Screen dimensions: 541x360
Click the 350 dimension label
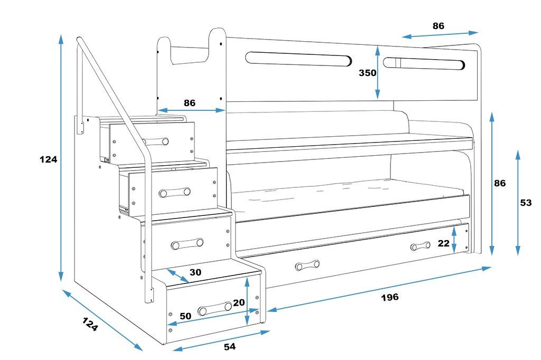tap(368, 73)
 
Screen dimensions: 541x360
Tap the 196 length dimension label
tap(390, 297)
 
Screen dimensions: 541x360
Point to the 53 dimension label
tap(526, 203)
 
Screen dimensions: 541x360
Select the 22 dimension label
tap(444, 243)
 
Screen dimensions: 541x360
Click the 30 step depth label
tap(195, 272)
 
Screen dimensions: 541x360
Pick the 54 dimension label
tap(230, 347)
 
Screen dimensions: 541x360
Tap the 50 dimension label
tap(185, 316)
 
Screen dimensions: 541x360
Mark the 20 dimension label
tap(239, 302)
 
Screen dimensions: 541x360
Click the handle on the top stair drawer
tap(155, 141)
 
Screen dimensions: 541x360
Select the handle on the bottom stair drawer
tap(214, 308)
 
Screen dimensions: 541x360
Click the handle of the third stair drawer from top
tap(187, 243)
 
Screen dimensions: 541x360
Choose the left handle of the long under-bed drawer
tap(307, 265)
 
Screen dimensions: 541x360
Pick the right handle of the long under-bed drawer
tap(420, 246)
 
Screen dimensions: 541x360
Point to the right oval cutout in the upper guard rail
tap(424, 63)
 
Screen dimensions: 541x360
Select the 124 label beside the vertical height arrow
tap(48, 159)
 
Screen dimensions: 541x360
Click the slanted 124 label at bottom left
tap(90, 324)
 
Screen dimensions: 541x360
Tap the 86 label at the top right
tap(439, 26)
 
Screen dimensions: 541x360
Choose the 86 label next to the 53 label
tap(500, 183)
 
